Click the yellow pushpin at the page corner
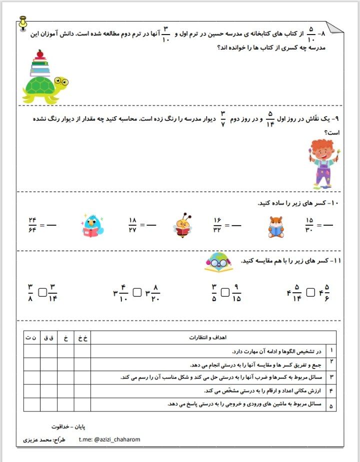click(22, 22)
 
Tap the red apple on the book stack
click(40, 53)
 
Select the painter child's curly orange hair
click(322, 147)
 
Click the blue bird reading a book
click(92, 225)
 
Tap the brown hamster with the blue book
click(276, 226)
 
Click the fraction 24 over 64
click(33, 225)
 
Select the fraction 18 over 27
click(132, 225)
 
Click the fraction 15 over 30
click(309, 225)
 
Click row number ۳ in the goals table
click(331, 377)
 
